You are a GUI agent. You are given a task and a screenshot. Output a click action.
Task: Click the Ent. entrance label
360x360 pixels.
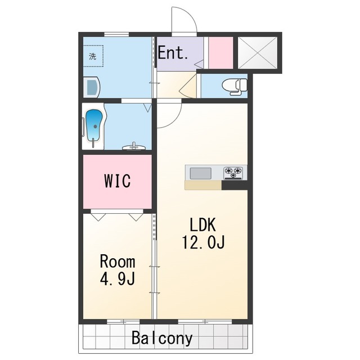click(173, 53)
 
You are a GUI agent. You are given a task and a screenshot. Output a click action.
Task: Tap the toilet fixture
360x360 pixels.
click(235, 87)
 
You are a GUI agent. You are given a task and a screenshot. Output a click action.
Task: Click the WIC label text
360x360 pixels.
click(118, 181)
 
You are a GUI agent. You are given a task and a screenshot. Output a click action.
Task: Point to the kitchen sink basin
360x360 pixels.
click(200, 173)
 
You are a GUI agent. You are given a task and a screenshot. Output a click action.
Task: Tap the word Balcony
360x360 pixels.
click(162, 338)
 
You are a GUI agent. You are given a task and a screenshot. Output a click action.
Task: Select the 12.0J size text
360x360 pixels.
click(203, 242)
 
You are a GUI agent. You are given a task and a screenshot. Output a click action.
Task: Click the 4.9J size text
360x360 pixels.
click(118, 279)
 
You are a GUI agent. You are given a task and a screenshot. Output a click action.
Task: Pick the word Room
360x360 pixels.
click(118, 262)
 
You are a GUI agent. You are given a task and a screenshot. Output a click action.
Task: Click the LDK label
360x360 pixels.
click(203, 225)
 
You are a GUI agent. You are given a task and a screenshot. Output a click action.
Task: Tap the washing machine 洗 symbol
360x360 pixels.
click(93, 56)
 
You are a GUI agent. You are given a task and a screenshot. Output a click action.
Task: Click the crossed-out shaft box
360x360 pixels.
click(258, 52)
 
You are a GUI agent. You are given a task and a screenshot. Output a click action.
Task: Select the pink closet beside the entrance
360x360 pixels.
click(221, 53)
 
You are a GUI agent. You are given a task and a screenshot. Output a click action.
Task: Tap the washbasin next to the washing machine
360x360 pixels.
click(91, 87)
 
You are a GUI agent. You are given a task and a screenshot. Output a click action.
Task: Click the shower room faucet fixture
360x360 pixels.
click(134, 147)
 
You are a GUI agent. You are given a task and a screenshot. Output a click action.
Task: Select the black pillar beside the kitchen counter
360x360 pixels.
click(235, 185)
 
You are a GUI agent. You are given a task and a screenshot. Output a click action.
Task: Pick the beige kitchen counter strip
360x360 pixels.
click(203, 185)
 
